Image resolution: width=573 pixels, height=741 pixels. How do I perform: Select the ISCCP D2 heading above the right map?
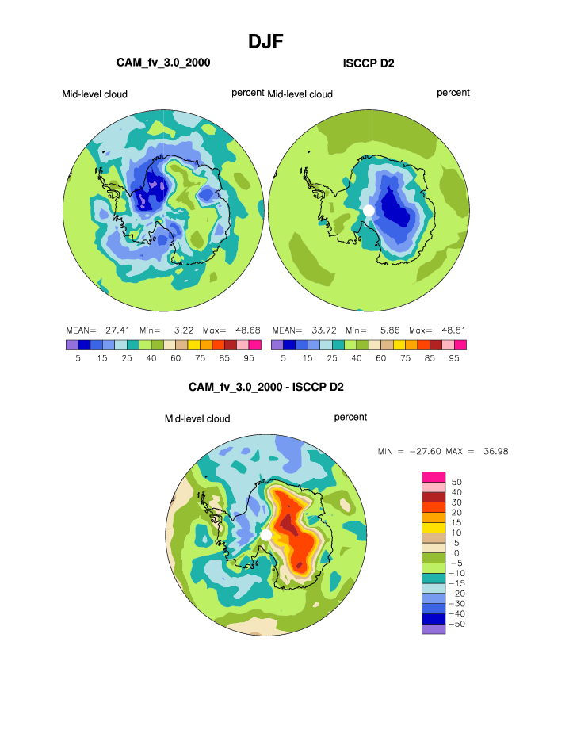point(369,62)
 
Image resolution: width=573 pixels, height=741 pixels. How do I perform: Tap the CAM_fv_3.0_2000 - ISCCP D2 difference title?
point(265,388)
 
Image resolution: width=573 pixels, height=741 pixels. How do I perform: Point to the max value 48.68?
point(243,330)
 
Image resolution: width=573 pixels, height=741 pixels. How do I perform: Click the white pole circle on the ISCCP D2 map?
point(368,209)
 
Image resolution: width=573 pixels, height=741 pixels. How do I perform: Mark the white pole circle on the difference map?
point(265,537)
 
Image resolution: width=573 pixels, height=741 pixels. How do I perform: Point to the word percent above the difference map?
point(350,417)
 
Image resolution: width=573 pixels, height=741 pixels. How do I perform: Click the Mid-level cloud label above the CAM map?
point(95,94)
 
